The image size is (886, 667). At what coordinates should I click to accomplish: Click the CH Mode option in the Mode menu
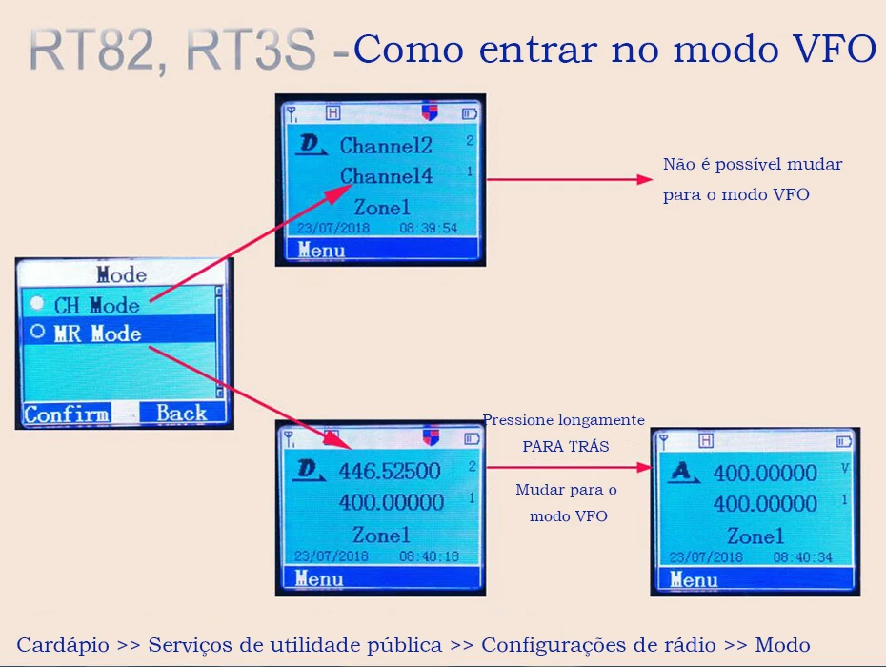point(96,306)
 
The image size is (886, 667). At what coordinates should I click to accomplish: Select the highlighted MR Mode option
point(97,333)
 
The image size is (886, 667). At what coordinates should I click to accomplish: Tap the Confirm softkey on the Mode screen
point(66,414)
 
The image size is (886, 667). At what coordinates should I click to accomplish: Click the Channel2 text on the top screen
point(386,146)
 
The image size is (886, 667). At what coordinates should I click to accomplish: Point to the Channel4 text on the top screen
point(386,176)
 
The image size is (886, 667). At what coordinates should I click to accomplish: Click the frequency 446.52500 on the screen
point(390,471)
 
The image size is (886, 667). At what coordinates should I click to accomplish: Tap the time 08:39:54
point(428,229)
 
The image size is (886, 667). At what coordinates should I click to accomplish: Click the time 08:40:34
point(802,557)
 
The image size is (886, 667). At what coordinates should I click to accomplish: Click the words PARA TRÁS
point(565,446)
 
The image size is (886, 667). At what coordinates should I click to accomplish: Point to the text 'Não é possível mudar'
point(753,165)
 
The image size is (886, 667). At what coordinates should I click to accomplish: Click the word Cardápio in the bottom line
point(62,645)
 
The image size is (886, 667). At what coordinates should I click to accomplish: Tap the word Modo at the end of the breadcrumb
point(780,645)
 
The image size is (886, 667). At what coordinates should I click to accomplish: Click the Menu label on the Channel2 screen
point(321,251)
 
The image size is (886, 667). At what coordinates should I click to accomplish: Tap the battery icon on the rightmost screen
point(843,441)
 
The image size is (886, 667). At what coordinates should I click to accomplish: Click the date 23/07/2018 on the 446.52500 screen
point(331,556)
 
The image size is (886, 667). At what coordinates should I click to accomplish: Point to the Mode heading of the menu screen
point(122,275)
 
